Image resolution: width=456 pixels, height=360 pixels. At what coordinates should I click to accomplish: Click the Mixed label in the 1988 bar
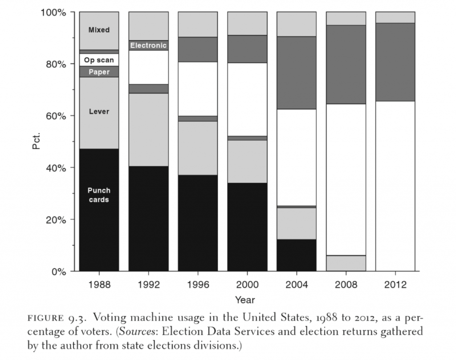(x=99, y=30)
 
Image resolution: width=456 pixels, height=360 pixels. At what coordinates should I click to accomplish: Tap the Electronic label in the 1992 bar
(x=148, y=45)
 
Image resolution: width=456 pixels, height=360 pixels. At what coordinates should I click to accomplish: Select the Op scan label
(x=99, y=60)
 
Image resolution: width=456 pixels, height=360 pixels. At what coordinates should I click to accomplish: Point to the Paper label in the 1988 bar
(x=99, y=72)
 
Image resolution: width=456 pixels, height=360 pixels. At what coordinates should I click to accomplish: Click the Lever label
(x=99, y=111)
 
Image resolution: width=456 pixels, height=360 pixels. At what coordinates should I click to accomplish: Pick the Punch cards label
(x=99, y=195)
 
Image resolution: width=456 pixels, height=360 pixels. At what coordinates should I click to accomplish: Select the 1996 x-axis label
(x=198, y=285)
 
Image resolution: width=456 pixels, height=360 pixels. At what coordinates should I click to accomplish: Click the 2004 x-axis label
(x=297, y=285)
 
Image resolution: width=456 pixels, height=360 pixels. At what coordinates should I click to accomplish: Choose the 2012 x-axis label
(x=395, y=285)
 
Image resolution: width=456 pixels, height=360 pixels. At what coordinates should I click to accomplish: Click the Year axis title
(x=245, y=299)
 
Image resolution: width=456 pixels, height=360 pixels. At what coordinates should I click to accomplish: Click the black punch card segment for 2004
(x=297, y=255)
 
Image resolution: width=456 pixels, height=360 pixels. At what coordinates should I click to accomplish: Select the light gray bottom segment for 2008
(x=346, y=263)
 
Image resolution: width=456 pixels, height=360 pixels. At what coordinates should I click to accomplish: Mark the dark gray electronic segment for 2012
(x=395, y=62)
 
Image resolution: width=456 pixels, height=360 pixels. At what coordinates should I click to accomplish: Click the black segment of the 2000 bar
(x=247, y=227)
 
